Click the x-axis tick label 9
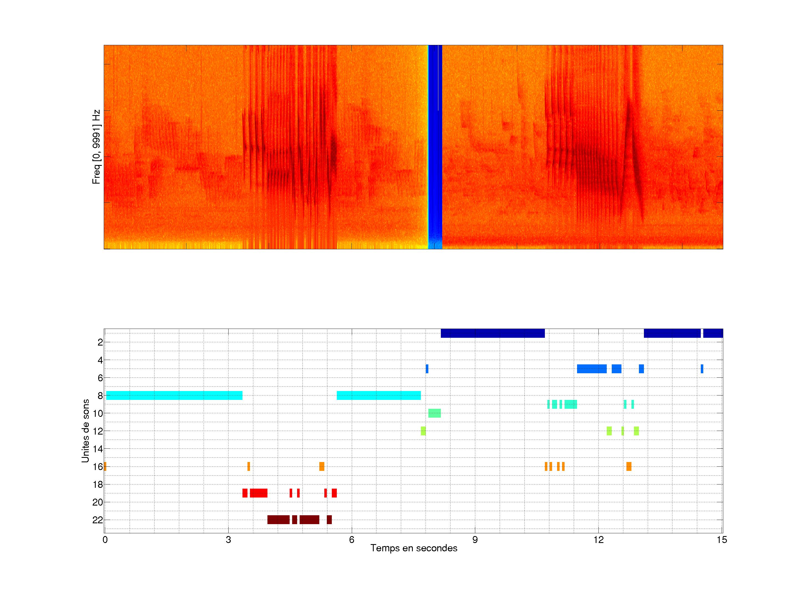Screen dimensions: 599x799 [x=475, y=540]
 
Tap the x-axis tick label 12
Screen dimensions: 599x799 [x=598, y=540]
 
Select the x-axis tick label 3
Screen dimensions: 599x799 [x=228, y=540]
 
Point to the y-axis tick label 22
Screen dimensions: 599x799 [x=98, y=520]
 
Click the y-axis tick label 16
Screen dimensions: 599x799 [x=98, y=466]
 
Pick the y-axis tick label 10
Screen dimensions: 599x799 [x=98, y=413]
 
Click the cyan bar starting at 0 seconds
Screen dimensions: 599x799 [x=174, y=395]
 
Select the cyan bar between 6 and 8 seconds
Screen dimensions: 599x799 [x=378, y=395]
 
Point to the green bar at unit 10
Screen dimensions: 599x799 [x=434, y=413]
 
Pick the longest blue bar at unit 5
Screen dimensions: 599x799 [x=592, y=369]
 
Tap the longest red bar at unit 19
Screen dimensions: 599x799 [x=259, y=493]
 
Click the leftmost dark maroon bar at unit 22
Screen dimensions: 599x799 [x=278, y=520]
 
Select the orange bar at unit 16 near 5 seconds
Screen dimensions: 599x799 [x=322, y=466]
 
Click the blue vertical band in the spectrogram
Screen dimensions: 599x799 [x=435, y=144]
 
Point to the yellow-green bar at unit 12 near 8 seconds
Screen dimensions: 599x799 [x=423, y=431]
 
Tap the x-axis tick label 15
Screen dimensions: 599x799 [x=722, y=540]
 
